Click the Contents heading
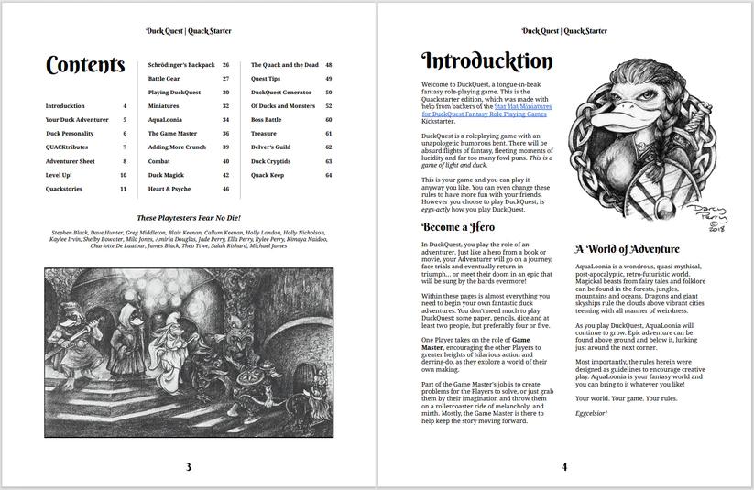coord(84,65)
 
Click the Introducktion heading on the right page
coord(486,61)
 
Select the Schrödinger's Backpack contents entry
coord(181,65)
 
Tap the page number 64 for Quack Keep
coord(328,175)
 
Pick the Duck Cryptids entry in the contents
coord(271,161)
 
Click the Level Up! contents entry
coord(60,175)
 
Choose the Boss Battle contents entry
coord(267,120)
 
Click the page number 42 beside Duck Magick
coord(225,175)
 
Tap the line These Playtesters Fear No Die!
coord(188,218)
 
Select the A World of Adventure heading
coord(628,248)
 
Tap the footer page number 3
coord(189,467)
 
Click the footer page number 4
coord(564,467)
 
